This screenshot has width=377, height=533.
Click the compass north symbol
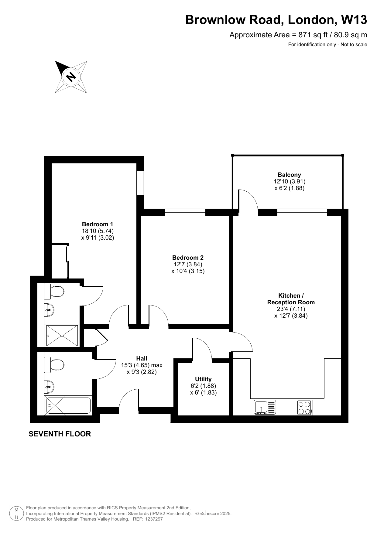(x=71, y=77)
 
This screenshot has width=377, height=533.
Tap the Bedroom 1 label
(x=98, y=224)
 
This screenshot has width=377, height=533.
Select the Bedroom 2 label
(x=188, y=258)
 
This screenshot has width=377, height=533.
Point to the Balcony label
(x=289, y=175)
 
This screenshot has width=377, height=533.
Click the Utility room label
(x=203, y=379)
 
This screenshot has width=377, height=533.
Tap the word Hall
(x=142, y=358)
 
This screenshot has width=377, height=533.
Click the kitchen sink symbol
(x=265, y=407)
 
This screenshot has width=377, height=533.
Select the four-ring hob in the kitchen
(x=305, y=408)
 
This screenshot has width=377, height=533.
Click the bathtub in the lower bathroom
(x=68, y=405)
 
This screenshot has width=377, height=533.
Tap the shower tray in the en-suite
(x=62, y=335)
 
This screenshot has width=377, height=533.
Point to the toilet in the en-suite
(x=54, y=292)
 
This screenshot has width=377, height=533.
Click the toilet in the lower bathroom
(x=54, y=365)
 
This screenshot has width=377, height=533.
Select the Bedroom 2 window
(x=185, y=212)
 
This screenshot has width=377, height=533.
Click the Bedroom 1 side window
(x=140, y=183)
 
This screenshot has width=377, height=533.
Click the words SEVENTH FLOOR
(x=60, y=434)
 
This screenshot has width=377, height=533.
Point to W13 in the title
(x=354, y=20)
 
